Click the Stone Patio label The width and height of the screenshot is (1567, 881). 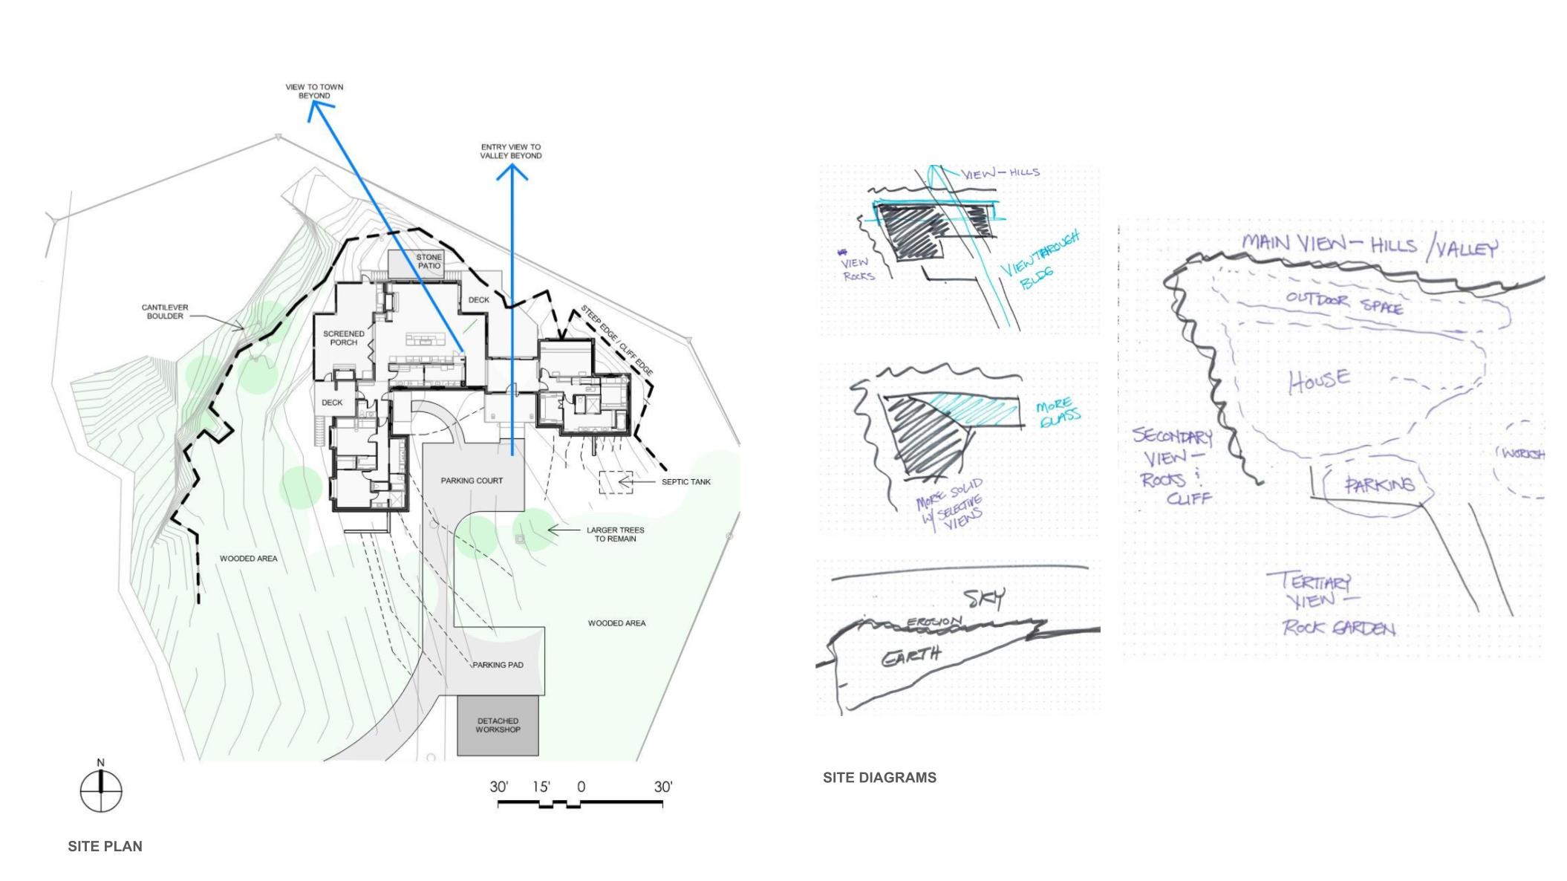(429, 261)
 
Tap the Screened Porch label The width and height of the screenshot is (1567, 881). (343, 338)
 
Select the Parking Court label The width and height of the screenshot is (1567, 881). (472, 481)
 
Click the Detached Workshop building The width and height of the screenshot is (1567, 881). (498, 726)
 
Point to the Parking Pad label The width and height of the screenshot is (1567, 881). (498, 665)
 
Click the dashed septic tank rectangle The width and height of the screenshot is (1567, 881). (616, 482)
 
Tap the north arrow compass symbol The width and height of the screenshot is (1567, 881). (101, 790)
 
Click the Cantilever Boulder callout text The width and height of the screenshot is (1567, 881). (165, 311)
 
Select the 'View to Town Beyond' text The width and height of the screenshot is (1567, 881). (314, 91)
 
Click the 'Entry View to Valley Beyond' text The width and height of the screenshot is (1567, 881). (511, 152)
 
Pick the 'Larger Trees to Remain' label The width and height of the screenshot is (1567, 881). (615, 534)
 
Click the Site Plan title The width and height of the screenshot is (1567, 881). (105, 846)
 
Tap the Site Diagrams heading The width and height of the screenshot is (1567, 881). (879, 778)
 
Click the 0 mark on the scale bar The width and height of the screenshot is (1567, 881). (581, 787)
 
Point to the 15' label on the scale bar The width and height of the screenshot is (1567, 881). (541, 787)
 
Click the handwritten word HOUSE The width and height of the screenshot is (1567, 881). (1319, 380)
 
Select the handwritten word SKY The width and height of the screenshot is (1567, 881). (984, 598)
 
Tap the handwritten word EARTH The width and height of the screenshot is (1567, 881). (911, 657)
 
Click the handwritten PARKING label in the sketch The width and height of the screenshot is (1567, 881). (1380, 485)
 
